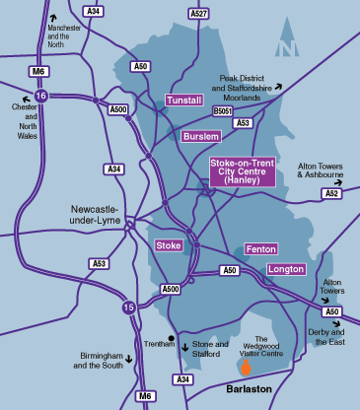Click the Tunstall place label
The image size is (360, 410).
tap(183, 101)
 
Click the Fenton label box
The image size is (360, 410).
tap(260, 249)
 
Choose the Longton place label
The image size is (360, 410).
tap(286, 268)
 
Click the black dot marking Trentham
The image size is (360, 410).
tap(172, 340)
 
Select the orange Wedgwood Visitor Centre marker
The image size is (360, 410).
tap(246, 367)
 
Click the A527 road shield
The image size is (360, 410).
tap(199, 14)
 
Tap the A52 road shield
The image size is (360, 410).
tap(331, 194)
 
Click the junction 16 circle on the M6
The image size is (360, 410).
tap(40, 96)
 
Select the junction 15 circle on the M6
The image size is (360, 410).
tap(129, 307)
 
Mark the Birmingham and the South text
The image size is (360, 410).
tap(100, 359)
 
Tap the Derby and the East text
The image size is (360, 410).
tap(332, 336)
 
